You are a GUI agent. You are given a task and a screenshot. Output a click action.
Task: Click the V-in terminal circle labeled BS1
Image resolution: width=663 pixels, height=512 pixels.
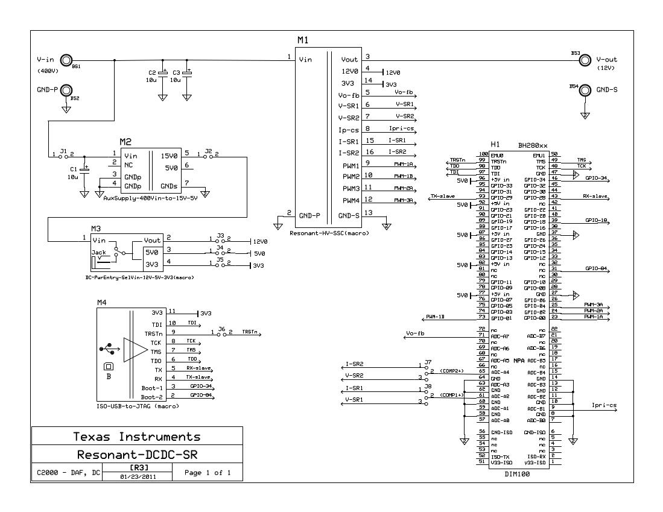[x=68, y=60]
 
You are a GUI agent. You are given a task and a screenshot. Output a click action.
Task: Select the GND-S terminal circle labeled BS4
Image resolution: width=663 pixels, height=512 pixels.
[x=585, y=89]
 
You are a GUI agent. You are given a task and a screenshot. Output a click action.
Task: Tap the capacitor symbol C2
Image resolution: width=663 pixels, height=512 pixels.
[x=162, y=73]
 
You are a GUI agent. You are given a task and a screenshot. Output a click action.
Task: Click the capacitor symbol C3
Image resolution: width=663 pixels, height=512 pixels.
[x=188, y=73]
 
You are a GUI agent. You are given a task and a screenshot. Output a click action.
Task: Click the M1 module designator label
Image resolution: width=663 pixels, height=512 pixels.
[x=303, y=40]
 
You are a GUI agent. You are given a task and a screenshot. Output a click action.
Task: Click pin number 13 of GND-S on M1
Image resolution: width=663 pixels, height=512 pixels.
[x=368, y=213]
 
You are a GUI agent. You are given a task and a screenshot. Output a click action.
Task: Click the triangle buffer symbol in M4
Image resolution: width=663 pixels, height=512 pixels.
[x=134, y=350]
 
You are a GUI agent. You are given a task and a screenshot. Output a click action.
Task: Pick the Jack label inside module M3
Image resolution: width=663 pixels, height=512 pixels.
[x=98, y=252]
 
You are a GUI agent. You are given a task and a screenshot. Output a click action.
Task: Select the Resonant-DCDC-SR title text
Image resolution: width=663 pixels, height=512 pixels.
[x=137, y=454]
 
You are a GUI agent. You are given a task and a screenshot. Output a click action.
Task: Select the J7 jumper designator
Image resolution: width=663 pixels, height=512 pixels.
[x=428, y=362]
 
